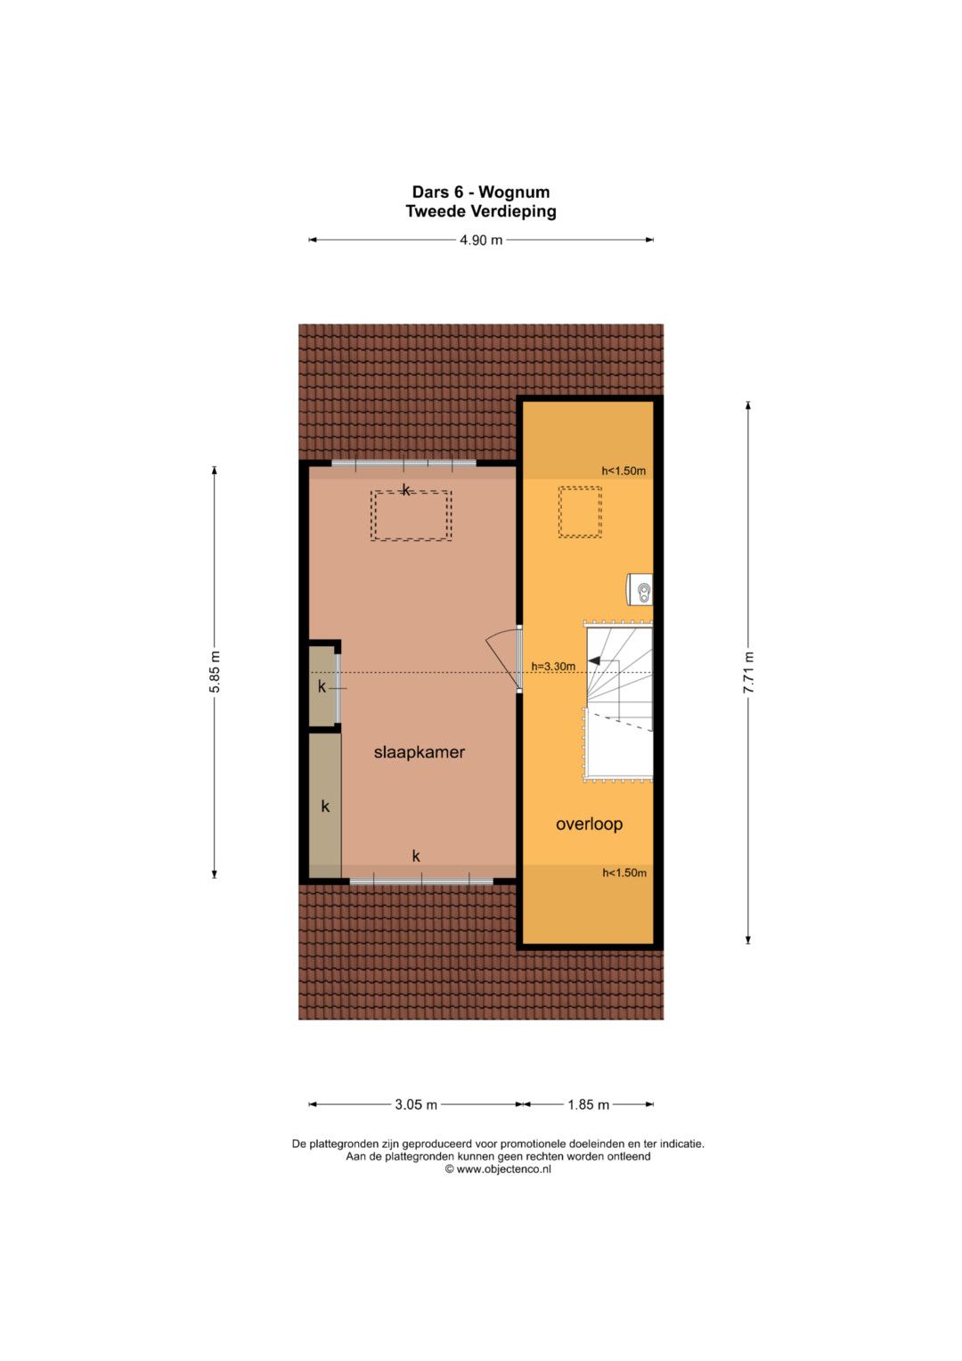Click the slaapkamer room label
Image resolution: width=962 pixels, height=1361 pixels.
[419, 752]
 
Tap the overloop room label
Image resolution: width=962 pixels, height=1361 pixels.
[589, 824]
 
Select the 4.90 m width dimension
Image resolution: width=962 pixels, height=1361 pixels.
[481, 240]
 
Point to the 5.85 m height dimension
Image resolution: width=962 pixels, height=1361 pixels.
[215, 672]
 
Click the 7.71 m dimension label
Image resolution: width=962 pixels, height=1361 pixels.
[748, 673]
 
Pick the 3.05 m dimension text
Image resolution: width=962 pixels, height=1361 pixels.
[416, 1104]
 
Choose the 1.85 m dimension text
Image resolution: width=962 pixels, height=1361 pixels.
[589, 1104]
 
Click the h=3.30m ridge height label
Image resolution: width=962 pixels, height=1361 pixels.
[553, 666]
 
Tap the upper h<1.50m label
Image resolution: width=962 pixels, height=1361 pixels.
[624, 471]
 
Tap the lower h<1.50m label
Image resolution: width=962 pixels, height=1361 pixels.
[624, 873]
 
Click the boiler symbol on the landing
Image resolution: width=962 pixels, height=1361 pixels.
[640, 589]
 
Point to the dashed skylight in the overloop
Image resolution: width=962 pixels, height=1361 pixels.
[580, 512]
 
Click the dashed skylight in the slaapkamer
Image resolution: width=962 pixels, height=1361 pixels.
[412, 516]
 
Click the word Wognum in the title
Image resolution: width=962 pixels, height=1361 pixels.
[514, 192]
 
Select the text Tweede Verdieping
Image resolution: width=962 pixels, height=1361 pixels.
[481, 211]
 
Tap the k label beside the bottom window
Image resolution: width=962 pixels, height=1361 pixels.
[416, 857]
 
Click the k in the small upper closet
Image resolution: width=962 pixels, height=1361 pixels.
[322, 686]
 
